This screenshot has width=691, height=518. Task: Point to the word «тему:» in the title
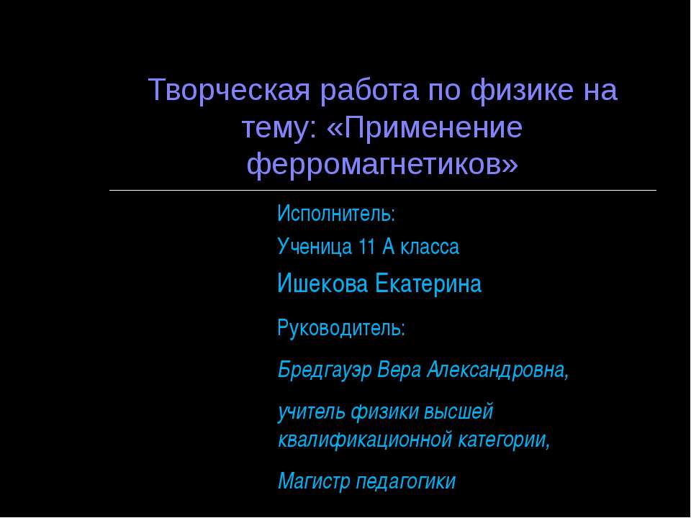279,128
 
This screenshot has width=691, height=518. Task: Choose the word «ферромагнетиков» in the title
381,165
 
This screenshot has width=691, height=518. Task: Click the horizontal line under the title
382,190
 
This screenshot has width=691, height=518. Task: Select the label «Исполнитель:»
337,214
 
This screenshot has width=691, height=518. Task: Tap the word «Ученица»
314,247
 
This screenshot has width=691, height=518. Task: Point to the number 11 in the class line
366,247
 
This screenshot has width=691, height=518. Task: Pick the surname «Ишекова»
322,285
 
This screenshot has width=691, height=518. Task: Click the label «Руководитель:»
341,329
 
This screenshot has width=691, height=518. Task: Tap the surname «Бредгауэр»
324,371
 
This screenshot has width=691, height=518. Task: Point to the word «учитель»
312,412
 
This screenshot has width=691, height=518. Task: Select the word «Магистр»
314,481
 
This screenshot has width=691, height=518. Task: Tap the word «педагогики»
406,481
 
